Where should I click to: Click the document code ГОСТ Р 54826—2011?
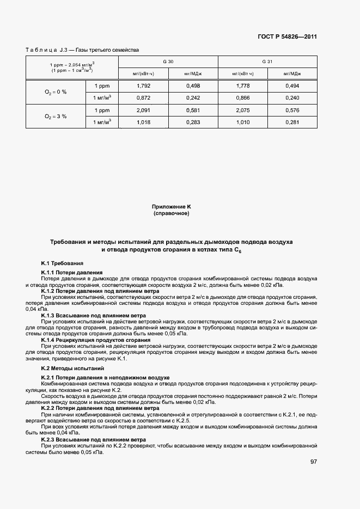(x=287, y=37)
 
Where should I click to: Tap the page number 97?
(x=313, y=462)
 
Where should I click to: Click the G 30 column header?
(x=168, y=62)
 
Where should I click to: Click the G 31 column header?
(x=267, y=62)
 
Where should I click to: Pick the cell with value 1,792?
(x=144, y=86)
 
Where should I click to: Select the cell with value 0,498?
(x=193, y=86)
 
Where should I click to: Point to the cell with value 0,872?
(x=144, y=97)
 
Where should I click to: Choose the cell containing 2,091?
(x=144, y=110)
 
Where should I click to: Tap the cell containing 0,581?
(x=193, y=110)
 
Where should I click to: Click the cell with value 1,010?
(x=242, y=122)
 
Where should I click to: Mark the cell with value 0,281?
(x=292, y=122)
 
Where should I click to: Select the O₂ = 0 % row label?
(x=56, y=92)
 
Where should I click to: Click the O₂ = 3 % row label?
(x=56, y=116)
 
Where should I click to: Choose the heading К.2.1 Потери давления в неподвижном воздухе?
(x=105, y=377)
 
